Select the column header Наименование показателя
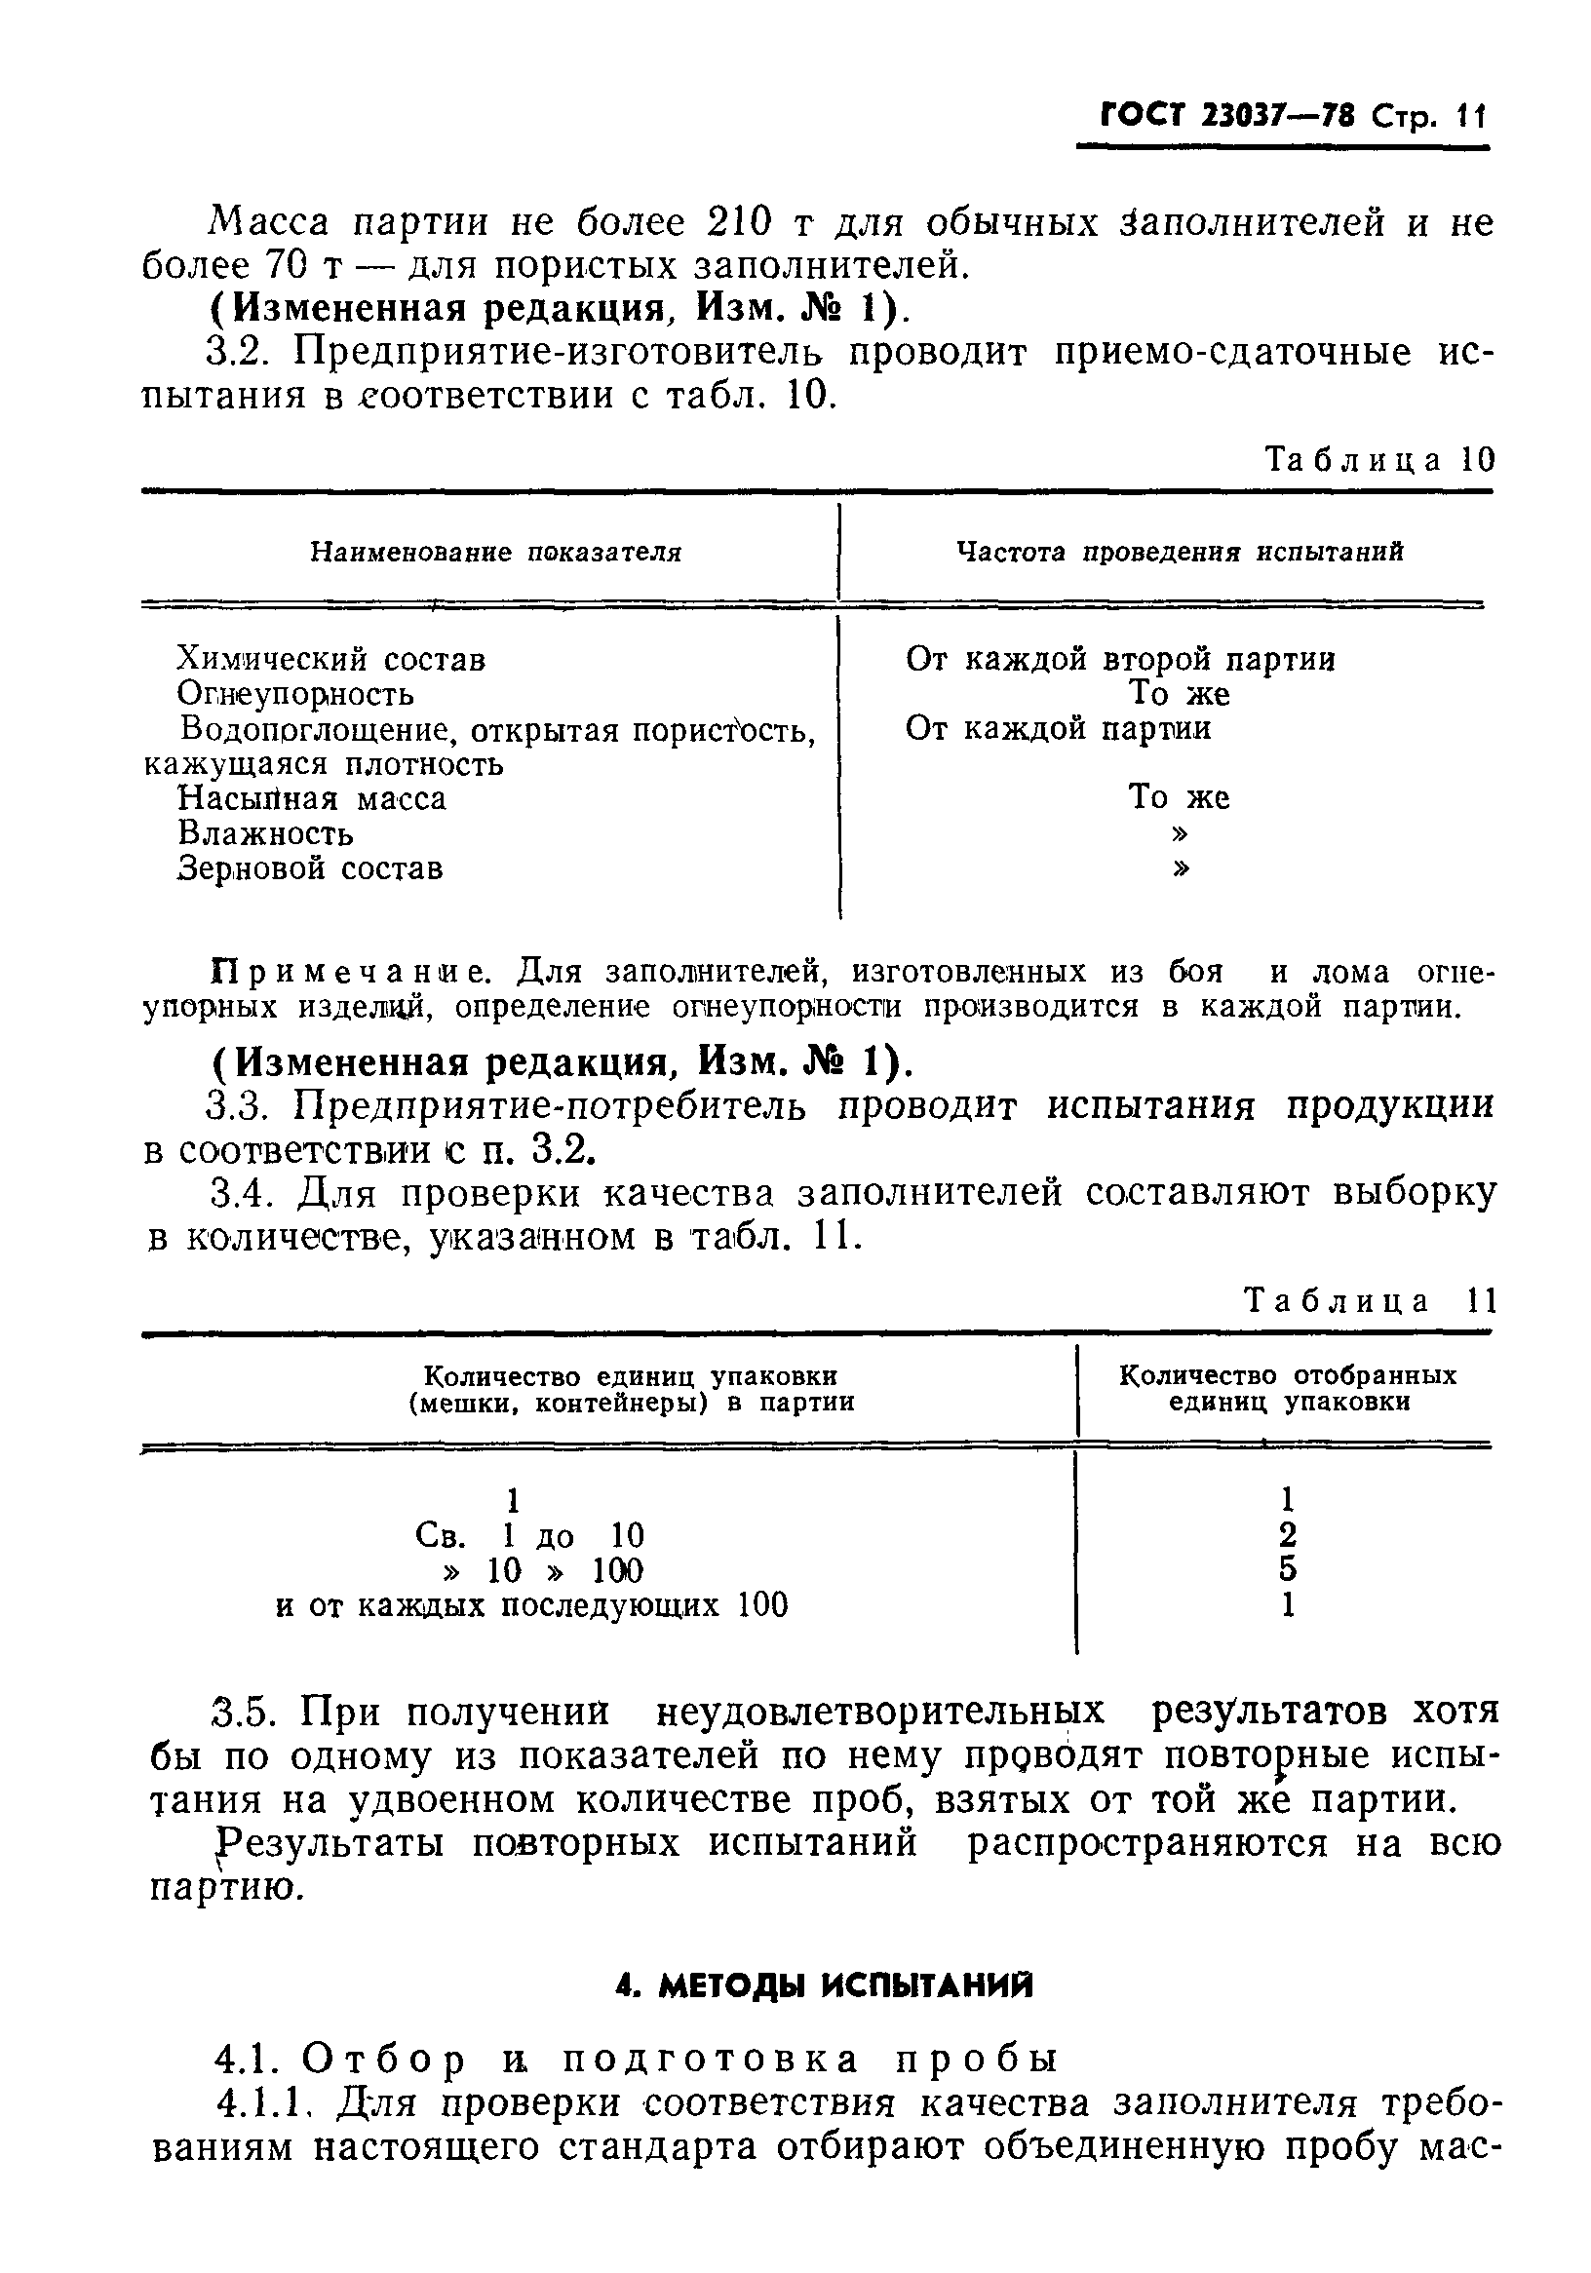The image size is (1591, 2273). coord(496,552)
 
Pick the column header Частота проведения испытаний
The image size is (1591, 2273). coord(1180,552)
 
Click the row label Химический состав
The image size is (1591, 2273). coord(330,658)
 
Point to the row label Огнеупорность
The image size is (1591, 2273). coord(295,694)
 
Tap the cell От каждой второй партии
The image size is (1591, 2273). coord(1120,658)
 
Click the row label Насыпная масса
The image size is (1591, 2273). coord(312,798)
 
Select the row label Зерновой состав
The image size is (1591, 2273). coord(310,868)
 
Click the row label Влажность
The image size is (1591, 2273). coord(265,833)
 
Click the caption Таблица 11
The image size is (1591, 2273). coord(1371,1300)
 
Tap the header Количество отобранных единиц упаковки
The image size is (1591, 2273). coord(1288,1389)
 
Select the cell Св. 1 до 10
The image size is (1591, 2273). coord(529,1535)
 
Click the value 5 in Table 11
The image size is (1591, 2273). coord(1287,1569)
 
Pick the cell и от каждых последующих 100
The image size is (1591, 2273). coord(531,1604)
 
